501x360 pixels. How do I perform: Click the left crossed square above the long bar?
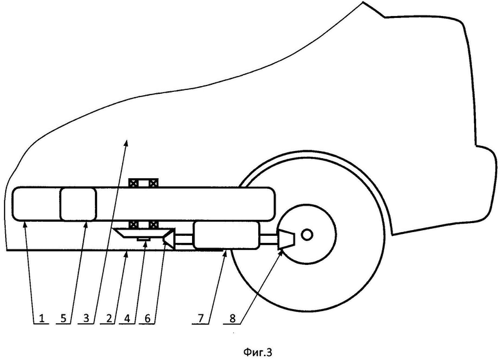[x=136, y=183]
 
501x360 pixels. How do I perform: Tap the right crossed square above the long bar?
[x=153, y=183]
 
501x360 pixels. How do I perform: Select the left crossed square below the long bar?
[x=136, y=224]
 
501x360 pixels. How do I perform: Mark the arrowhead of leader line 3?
[x=127, y=141]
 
